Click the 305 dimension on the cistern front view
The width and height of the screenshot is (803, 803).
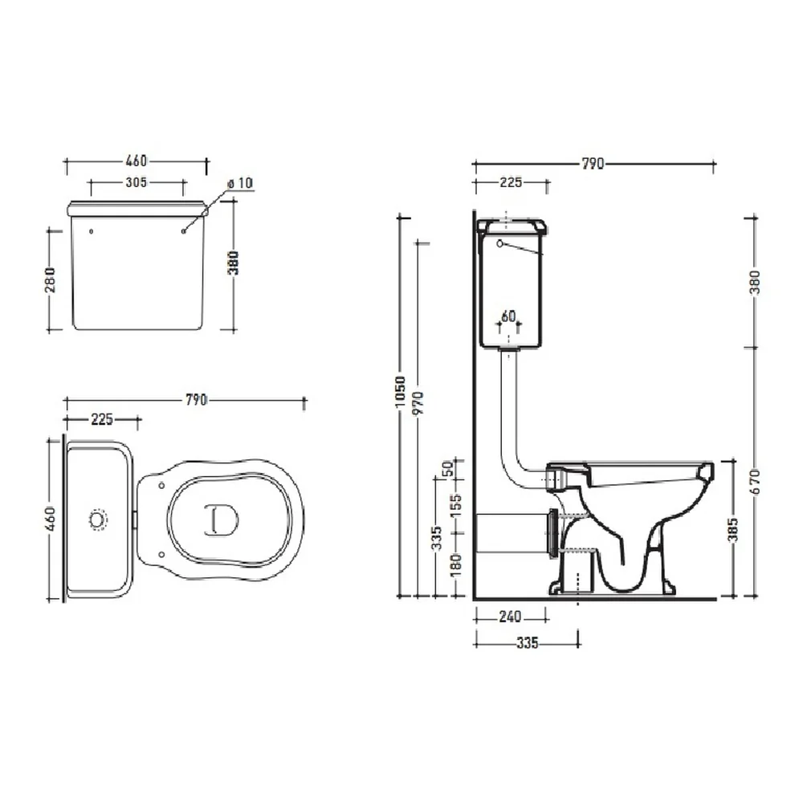tap(137, 182)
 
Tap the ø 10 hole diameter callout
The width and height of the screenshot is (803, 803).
tap(239, 183)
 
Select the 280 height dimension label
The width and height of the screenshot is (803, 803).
tap(51, 280)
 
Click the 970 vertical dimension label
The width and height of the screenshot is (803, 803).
tap(419, 403)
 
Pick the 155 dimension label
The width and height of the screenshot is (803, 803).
tap(455, 505)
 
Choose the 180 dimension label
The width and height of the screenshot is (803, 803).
tap(455, 564)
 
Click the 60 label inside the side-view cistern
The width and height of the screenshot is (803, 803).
tap(508, 316)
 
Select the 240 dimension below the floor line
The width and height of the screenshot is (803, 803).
tap(510, 617)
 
